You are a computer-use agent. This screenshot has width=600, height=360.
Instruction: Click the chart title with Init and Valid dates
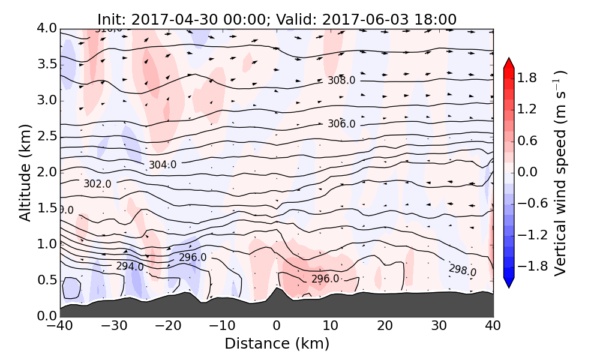pos(277,19)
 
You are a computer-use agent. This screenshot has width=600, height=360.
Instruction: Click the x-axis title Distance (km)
pos(277,344)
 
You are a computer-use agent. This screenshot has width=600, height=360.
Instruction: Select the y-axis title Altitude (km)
pos(25,172)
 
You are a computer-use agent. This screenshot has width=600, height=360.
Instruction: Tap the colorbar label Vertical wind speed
pos(560,173)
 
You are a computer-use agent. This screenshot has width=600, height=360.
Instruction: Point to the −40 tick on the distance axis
pos(60,327)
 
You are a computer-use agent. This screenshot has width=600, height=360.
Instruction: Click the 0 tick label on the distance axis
pos(277,327)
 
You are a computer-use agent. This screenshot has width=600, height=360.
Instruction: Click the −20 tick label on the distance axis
pos(168,327)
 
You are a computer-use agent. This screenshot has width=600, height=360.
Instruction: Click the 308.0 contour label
pos(341,81)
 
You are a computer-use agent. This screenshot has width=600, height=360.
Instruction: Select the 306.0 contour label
pos(341,124)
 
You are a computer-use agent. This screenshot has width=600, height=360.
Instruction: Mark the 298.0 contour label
pos(463,270)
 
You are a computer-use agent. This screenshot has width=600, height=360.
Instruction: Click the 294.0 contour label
pos(130,266)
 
